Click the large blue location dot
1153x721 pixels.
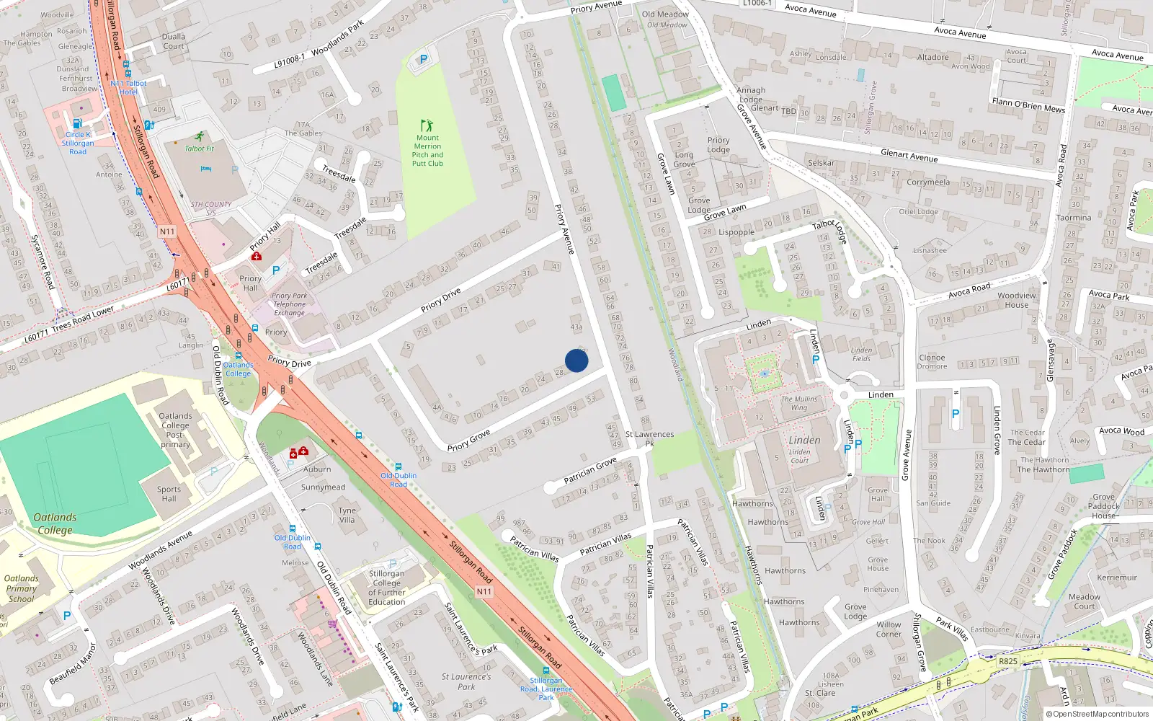coord(576,360)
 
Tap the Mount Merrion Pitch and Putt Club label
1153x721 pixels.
coord(427,151)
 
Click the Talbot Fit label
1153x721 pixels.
coord(200,149)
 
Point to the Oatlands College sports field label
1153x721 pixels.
coord(55,523)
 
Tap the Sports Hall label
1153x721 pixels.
coord(169,494)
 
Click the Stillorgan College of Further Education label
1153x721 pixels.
coord(387,588)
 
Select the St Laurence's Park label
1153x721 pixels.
coord(466,681)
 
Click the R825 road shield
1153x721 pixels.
coord(1008,661)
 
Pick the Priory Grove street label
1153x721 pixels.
coord(468,441)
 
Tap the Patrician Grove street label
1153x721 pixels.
coord(590,469)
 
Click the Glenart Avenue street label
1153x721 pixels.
coord(909,156)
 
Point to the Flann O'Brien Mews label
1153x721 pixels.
coord(1028,105)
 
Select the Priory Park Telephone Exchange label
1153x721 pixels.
coord(290,304)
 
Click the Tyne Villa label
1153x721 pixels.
coord(347,515)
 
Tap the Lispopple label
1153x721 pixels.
coord(736,232)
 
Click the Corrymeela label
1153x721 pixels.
coord(928,182)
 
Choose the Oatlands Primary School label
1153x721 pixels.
coord(22,588)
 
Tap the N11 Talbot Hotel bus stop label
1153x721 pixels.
coord(128,87)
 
